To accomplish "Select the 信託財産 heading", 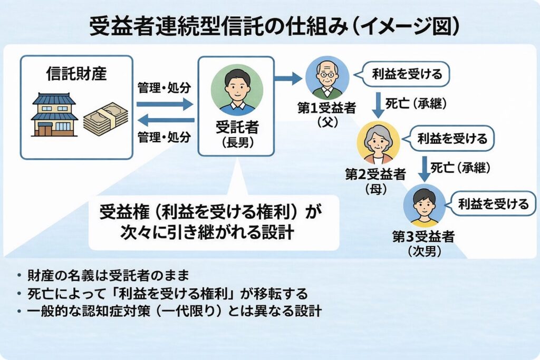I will (76, 73).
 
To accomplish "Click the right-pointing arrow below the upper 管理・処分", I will (165, 104).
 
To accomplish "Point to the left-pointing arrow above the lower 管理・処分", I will (165, 120).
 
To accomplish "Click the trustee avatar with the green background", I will (236, 89).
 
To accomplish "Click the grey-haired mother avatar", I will (378, 142).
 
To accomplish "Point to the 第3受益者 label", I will (423, 236).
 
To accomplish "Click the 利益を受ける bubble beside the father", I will (406, 74).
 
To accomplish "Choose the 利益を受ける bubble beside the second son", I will (493, 203).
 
